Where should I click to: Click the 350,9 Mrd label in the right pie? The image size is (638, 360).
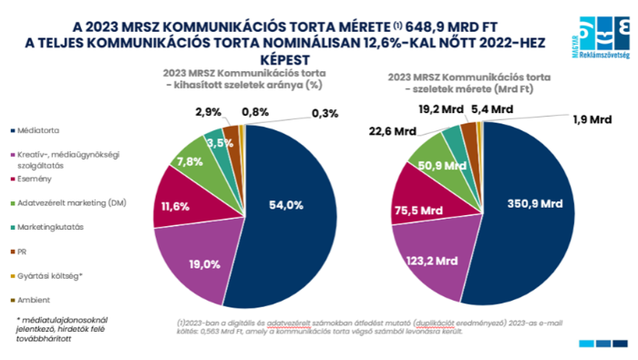[x=518, y=205]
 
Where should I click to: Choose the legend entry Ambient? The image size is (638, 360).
[x=34, y=299]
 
